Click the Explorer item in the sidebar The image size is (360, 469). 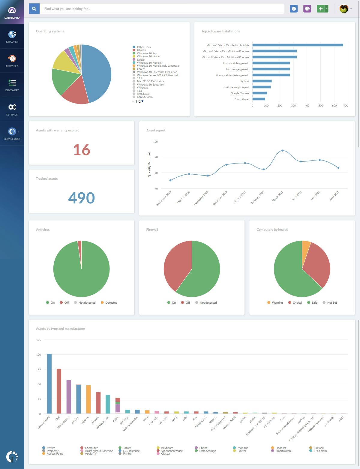tap(12, 37)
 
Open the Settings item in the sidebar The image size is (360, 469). tap(12, 109)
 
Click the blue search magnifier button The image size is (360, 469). tap(34, 9)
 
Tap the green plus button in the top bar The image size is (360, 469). tap(321, 9)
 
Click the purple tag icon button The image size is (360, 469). tap(307, 9)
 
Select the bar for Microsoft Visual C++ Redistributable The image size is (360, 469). tap(297, 45)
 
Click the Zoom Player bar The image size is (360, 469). tap(259, 99)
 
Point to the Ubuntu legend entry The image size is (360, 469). tap(141, 50)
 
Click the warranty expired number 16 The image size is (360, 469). tap(82, 150)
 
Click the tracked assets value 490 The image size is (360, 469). tap(82, 198)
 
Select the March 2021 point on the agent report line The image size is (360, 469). tap(282, 150)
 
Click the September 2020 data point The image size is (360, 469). tap(170, 180)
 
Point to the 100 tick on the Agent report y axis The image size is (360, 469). tap(155, 141)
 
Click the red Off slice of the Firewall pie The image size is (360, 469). tap(177, 264)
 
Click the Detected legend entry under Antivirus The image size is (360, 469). tap(111, 302)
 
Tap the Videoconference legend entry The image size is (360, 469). tap(172, 451)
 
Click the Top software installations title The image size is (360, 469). tap(220, 31)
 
